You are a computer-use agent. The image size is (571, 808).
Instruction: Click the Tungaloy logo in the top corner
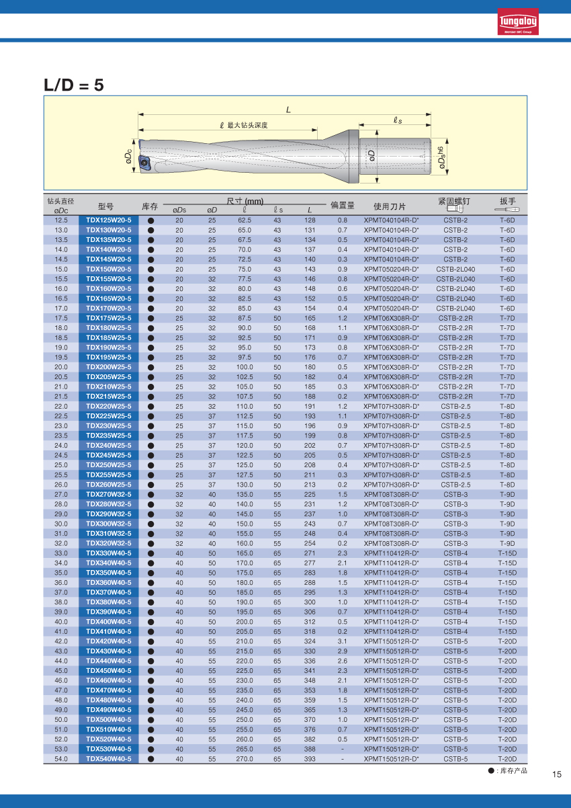point(517,22)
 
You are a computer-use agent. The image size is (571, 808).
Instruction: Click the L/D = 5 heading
point(74,85)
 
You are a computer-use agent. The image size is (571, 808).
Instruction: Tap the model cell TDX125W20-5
point(109,220)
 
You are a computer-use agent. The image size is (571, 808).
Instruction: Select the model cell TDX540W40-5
point(109,759)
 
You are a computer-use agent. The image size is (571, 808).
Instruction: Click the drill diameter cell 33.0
point(61,553)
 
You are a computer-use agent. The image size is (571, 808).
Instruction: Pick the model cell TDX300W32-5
point(109,524)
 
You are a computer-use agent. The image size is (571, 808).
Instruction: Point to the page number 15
point(556,774)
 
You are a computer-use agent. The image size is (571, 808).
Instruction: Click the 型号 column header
point(105,206)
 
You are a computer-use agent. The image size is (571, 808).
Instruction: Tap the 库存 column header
point(150,206)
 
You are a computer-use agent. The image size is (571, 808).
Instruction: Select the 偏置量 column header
point(342,206)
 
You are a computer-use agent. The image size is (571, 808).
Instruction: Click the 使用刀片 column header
point(390,206)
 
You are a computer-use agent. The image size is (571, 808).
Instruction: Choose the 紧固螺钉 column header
point(454,201)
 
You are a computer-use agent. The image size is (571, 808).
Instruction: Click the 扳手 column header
point(507,201)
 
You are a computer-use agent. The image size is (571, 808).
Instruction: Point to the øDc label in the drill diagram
point(128,157)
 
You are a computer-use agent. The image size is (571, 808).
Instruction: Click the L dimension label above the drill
point(288,110)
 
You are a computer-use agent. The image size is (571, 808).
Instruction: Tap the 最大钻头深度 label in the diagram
point(247,126)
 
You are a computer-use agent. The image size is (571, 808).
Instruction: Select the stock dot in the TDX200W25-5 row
point(151,367)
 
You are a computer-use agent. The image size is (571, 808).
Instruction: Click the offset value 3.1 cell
point(343,641)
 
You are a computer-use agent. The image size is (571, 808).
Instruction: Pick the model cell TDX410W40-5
point(109,631)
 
